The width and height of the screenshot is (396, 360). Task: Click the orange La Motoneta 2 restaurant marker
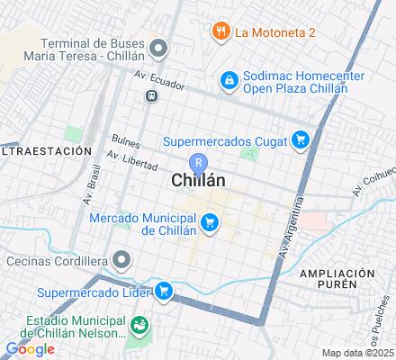click(220, 32)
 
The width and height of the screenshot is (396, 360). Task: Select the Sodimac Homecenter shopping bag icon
click(230, 81)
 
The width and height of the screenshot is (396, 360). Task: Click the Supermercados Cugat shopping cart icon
click(301, 139)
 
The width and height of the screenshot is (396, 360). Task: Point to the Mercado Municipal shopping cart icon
click(210, 221)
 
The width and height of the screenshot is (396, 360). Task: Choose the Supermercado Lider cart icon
click(164, 291)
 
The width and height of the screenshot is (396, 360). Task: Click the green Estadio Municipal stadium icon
click(139, 325)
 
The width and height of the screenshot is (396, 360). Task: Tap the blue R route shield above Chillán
click(202, 163)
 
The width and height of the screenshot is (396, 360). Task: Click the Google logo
click(30, 349)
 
